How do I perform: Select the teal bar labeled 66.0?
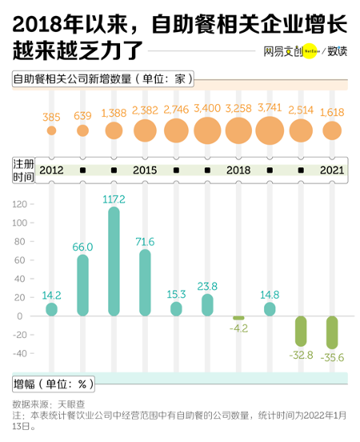click(82, 285)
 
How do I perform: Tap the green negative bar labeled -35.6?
click(332, 332)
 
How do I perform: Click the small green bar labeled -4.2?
click(238, 318)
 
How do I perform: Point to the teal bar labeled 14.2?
click(52, 309)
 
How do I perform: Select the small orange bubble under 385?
click(52, 130)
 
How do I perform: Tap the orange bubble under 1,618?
click(332, 130)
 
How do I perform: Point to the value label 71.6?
click(145, 241)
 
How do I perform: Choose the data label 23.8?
click(207, 286)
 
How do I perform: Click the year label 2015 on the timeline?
click(145, 171)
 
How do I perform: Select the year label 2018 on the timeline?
click(238, 171)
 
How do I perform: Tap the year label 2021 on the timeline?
click(332, 171)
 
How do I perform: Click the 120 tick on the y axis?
click(21, 204)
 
